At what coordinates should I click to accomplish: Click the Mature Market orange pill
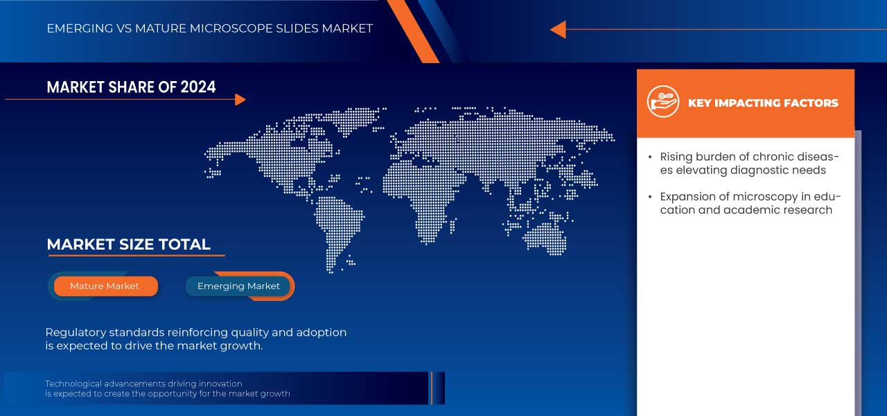click(106, 286)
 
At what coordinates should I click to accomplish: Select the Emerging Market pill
click(238, 286)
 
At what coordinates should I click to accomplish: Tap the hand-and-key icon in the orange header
click(663, 101)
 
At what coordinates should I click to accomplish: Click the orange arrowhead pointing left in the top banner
click(559, 30)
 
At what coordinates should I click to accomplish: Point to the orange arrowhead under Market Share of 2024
click(240, 99)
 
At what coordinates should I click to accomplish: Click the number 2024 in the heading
click(198, 87)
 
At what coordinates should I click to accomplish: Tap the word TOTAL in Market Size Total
click(184, 245)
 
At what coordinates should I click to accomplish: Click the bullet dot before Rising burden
click(650, 157)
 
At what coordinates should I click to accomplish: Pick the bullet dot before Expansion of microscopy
click(650, 197)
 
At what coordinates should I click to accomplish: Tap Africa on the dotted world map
click(420, 198)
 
